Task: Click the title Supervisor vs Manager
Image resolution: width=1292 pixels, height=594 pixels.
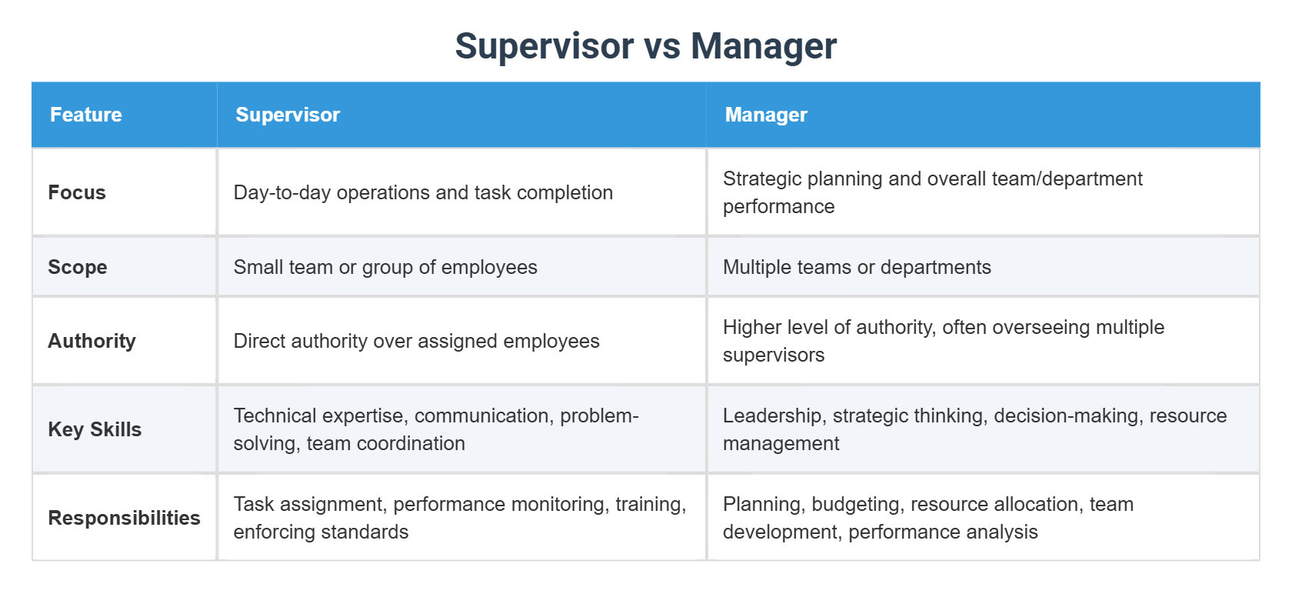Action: pos(645,46)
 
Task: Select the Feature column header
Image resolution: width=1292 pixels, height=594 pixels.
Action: pos(86,115)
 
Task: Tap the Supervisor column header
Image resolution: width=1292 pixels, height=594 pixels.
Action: pos(288,115)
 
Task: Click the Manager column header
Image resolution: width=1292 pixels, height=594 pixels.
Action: pos(766,115)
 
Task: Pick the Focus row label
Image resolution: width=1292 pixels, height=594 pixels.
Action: pos(77,192)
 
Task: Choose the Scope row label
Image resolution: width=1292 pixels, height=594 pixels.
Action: pos(78,267)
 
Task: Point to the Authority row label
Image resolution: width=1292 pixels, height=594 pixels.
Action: pos(92,341)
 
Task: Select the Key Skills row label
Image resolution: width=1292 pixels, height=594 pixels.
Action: pos(95,429)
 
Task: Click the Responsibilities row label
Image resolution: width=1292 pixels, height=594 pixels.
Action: pos(124,518)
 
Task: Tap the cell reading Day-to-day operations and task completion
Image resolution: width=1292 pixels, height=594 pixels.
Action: pos(423,192)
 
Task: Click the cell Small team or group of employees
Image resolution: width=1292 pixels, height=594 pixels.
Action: pos(385,267)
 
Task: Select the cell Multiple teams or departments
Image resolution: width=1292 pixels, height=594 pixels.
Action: pos(857,267)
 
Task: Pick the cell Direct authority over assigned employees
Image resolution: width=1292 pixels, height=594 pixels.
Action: pos(416,341)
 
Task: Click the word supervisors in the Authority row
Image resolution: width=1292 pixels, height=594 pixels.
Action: pos(774,355)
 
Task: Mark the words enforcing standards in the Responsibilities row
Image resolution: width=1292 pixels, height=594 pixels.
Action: pos(321,532)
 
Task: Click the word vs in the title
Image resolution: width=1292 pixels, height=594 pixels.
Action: pos(661,46)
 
